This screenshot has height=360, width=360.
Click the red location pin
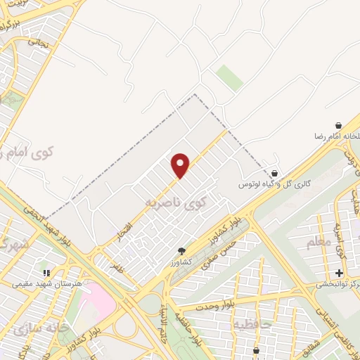181,165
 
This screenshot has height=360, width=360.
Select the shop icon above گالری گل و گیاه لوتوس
274,173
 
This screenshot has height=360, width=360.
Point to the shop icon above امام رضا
338,125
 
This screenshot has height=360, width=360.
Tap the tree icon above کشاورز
181,251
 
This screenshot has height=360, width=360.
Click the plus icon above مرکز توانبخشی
339,273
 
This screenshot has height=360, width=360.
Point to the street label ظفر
115,266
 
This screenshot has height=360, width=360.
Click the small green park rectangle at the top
229,77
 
